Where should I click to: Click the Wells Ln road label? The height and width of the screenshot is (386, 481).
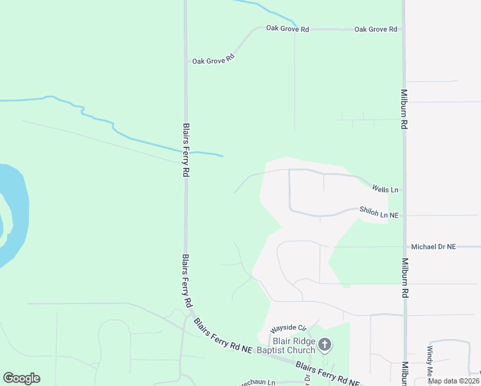[385, 190]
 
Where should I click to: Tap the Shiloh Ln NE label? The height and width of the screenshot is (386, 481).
[379, 212]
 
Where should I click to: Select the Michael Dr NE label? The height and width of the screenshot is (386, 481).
[433, 246]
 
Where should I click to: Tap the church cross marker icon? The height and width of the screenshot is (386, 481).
[325, 345]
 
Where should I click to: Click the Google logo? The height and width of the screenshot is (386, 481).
[21, 378]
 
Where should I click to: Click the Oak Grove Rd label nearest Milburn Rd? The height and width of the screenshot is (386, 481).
[376, 30]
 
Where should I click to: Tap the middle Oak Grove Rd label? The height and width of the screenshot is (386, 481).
[287, 30]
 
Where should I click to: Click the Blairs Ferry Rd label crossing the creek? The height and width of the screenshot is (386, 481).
[186, 151]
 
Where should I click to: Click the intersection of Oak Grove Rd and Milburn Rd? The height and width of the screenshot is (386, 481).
[403, 30]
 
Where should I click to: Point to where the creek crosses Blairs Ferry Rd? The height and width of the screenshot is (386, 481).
[186, 153]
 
